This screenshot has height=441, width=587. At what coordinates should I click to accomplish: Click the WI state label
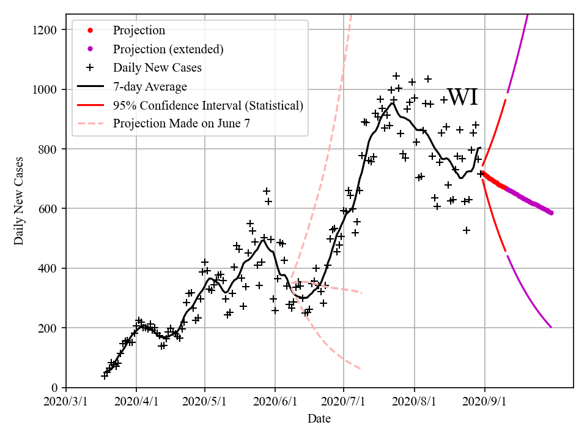[462, 97]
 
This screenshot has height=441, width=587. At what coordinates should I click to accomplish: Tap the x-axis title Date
[319, 419]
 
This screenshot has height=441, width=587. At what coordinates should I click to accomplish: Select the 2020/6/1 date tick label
[275, 402]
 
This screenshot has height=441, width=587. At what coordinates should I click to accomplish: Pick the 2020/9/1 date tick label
[485, 402]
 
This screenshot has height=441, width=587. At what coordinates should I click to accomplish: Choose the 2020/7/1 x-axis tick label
[344, 402]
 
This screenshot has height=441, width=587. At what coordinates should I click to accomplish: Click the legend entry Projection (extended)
[168, 49]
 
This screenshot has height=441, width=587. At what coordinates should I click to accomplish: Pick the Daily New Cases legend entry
[157, 67]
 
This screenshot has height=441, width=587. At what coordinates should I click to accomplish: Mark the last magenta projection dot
[551, 213]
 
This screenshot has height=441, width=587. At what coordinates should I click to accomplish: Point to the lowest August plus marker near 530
[467, 230]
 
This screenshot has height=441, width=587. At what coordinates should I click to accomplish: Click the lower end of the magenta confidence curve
[551, 327]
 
